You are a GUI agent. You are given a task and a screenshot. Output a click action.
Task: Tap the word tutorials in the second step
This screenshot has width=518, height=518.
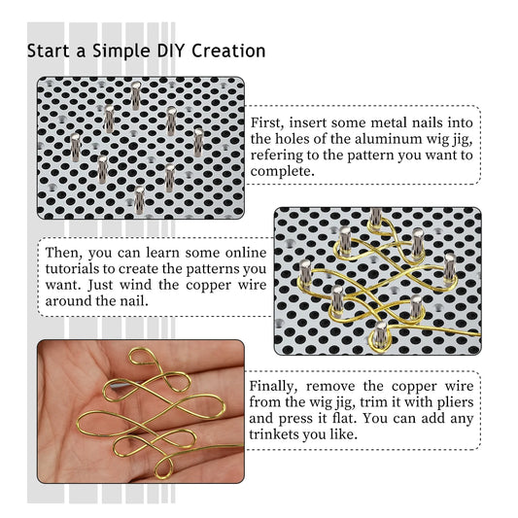tap(83, 269)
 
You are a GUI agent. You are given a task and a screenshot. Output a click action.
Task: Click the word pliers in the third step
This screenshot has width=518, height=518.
tap(451, 402)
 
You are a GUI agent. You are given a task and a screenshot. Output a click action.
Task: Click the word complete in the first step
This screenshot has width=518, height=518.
tap(283, 172)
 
